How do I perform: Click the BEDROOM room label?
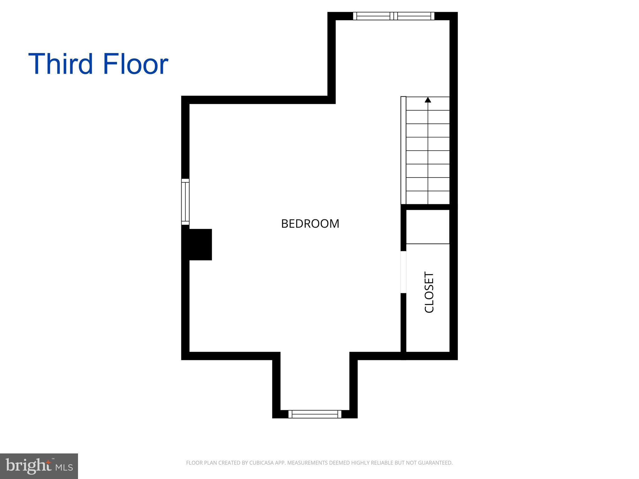[x=310, y=224]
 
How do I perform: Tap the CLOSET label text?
[x=429, y=292]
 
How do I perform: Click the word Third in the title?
[x=61, y=64]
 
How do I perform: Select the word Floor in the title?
[x=135, y=64]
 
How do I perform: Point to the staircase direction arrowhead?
[x=428, y=100]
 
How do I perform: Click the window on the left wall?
[x=185, y=201]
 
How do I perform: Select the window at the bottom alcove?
[x=315, y=414]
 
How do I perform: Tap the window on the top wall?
[x=393, y=16]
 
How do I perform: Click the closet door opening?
[x=403, y=272]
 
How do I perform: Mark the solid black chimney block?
[x=197, y=244]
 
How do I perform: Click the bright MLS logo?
[x=39, y=466]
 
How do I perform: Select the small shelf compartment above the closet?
[x=428, y=227]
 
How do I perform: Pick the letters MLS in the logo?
[x=64, y=467]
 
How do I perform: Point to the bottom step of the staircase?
[x=428, y=198]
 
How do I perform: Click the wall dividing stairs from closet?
[x=427, y=207]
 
